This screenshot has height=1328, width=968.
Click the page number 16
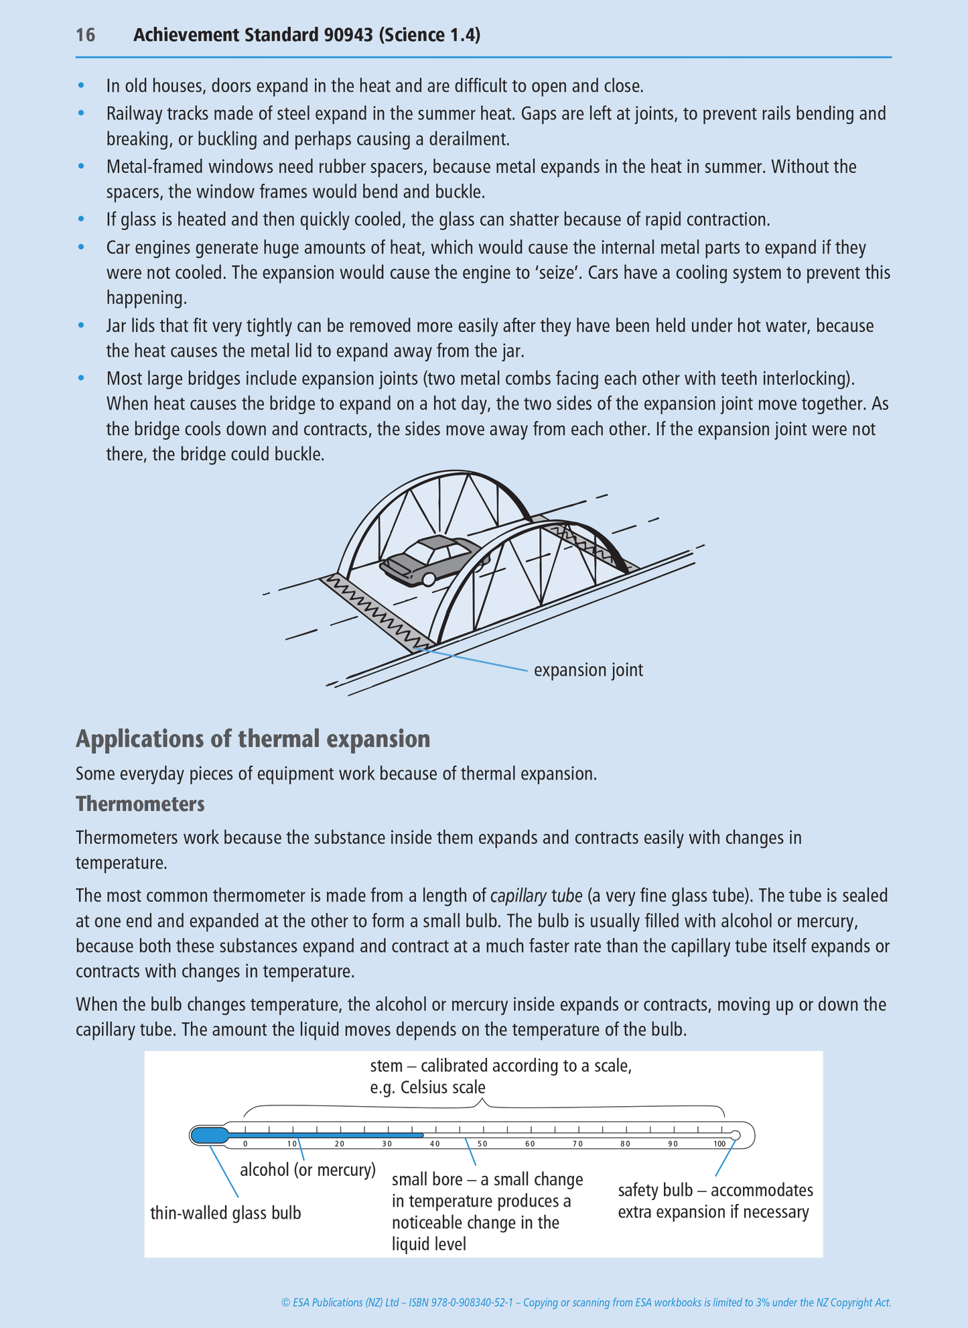(x=85, y=35)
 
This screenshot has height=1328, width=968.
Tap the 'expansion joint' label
(x=588, y=670)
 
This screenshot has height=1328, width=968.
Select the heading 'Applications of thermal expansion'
(x=253, y=739)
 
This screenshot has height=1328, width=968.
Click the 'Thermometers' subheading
(x=140, y=804)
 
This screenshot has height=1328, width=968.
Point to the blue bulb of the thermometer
(x=209, y=1135)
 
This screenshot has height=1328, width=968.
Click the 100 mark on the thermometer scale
(x=719, y=1144)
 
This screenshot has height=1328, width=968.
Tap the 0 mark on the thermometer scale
(x=245, y=1144)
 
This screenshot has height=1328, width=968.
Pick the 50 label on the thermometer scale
(x=482, y=1144)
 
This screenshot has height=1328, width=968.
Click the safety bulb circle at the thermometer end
(x=735, y=1135)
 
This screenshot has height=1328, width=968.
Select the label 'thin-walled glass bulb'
(x=226, y=1213)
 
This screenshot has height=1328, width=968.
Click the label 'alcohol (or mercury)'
(x=307, y=1170)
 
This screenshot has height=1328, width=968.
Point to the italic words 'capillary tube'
(x=536, y=896)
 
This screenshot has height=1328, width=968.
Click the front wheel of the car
(x=429, y=579)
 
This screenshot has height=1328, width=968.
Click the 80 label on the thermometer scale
(x=625, y=1144)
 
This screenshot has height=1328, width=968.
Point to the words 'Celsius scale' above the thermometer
(x=443, y=1087)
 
